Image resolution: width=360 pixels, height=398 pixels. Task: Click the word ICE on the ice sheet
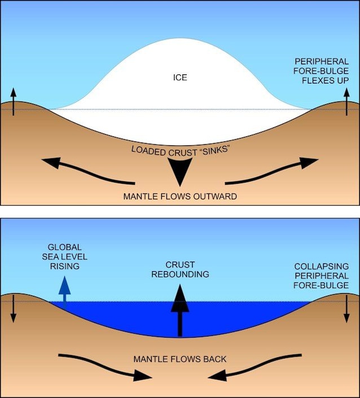(x=180, y=77)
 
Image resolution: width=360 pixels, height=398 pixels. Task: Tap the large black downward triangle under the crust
(x=180, y=170)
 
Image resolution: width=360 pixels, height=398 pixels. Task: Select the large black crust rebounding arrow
(x=180, y=310)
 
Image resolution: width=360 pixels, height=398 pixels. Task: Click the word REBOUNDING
(x=180, y=275)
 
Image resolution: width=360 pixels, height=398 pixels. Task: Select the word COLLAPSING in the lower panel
(x=322, y=267)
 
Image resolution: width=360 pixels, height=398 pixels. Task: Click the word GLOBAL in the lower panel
(x=64, y=247)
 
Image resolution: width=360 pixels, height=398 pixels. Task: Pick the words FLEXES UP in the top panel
(x=325, y=81)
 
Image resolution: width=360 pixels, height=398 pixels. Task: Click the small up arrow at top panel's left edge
(x=14, y=101)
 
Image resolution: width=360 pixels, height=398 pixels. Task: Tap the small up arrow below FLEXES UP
(x=346, y=101)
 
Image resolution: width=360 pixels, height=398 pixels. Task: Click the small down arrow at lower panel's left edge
(x=14, y=309)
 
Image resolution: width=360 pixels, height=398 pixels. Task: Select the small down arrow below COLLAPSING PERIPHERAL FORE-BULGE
(x=346, y=309)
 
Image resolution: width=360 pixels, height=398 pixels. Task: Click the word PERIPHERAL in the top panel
(x=322, y=61)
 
